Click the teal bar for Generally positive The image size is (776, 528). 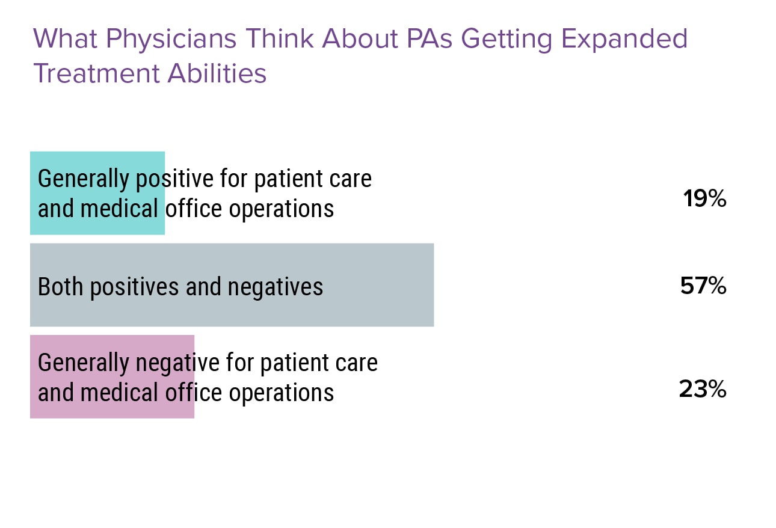click(x=97, y=193)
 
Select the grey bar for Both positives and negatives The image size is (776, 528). click(x=232, y=285)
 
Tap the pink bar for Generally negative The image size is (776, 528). click(x=112, y=376)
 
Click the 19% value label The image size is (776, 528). click(x=704, y=199)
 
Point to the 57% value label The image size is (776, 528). click(x=703, y=286)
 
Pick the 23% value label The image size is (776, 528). click(x=703, y=390)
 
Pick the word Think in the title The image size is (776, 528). click(x=280, y=39)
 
